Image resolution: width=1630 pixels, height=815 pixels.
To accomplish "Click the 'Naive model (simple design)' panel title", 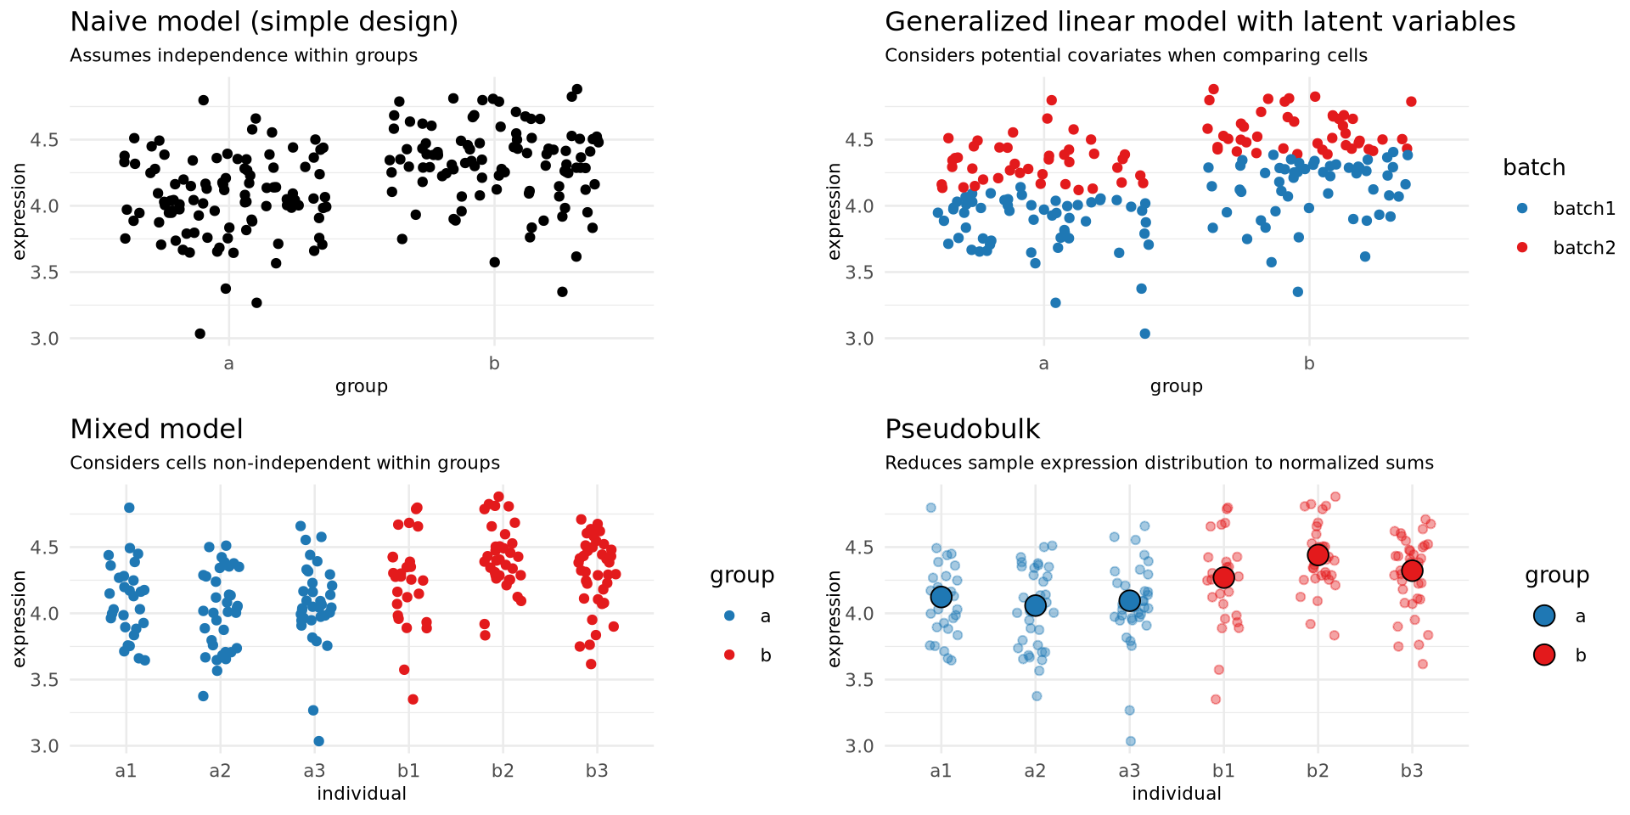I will click(x=263, y=22).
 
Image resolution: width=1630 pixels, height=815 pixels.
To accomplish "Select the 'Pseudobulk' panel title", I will click(x=962, y=430).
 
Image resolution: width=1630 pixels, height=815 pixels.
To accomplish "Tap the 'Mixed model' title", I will click(x=156, y=430).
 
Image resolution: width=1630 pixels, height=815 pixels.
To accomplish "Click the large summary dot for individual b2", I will click(x=1318, y=554).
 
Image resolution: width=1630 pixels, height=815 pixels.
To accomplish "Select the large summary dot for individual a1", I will click(x=941, y=597).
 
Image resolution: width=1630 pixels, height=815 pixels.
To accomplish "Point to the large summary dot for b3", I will click(x=1412, y=570).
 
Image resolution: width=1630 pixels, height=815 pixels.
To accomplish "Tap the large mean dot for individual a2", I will click(x=1035, y=605).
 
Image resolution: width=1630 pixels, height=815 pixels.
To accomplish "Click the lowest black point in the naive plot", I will click(x=200, y=334).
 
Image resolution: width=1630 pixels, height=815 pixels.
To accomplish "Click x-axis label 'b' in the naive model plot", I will click(x=494, y=364).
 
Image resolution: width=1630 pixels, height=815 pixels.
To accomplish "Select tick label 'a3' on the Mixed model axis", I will click(x=314, y=772).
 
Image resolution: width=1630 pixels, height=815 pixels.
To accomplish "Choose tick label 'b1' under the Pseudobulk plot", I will click(x=1223, y=772).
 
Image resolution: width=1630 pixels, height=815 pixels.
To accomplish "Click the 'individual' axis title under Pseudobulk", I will click(x=1176, y=794).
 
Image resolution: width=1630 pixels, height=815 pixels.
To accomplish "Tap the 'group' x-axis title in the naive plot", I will click(x=361, y=386).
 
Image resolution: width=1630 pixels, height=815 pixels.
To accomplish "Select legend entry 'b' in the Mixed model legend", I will click(x=765, y=655).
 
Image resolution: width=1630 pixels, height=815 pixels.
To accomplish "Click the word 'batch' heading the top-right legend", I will click(x=1533, y=168).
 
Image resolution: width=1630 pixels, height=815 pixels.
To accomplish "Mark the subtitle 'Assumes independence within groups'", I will click(x=244, y=56).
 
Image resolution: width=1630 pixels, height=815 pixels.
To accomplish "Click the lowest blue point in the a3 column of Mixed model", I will click(x=318, y=741).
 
